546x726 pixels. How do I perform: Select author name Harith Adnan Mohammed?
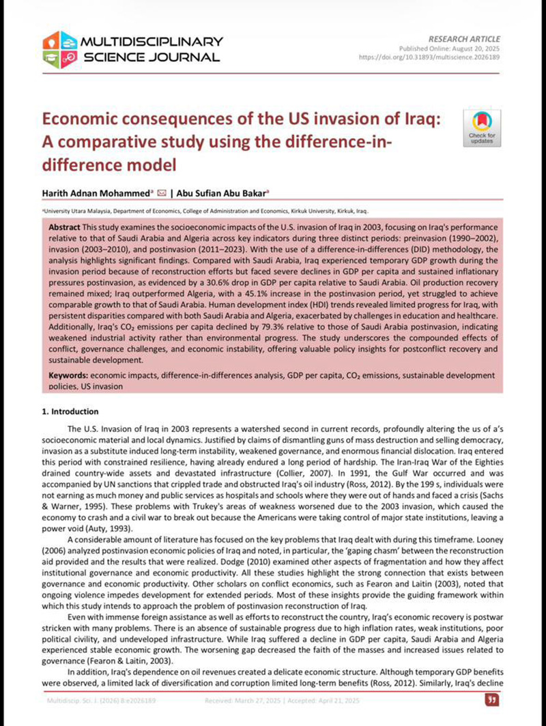click(98, 193)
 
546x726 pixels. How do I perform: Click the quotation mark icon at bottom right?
click(489, 700)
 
